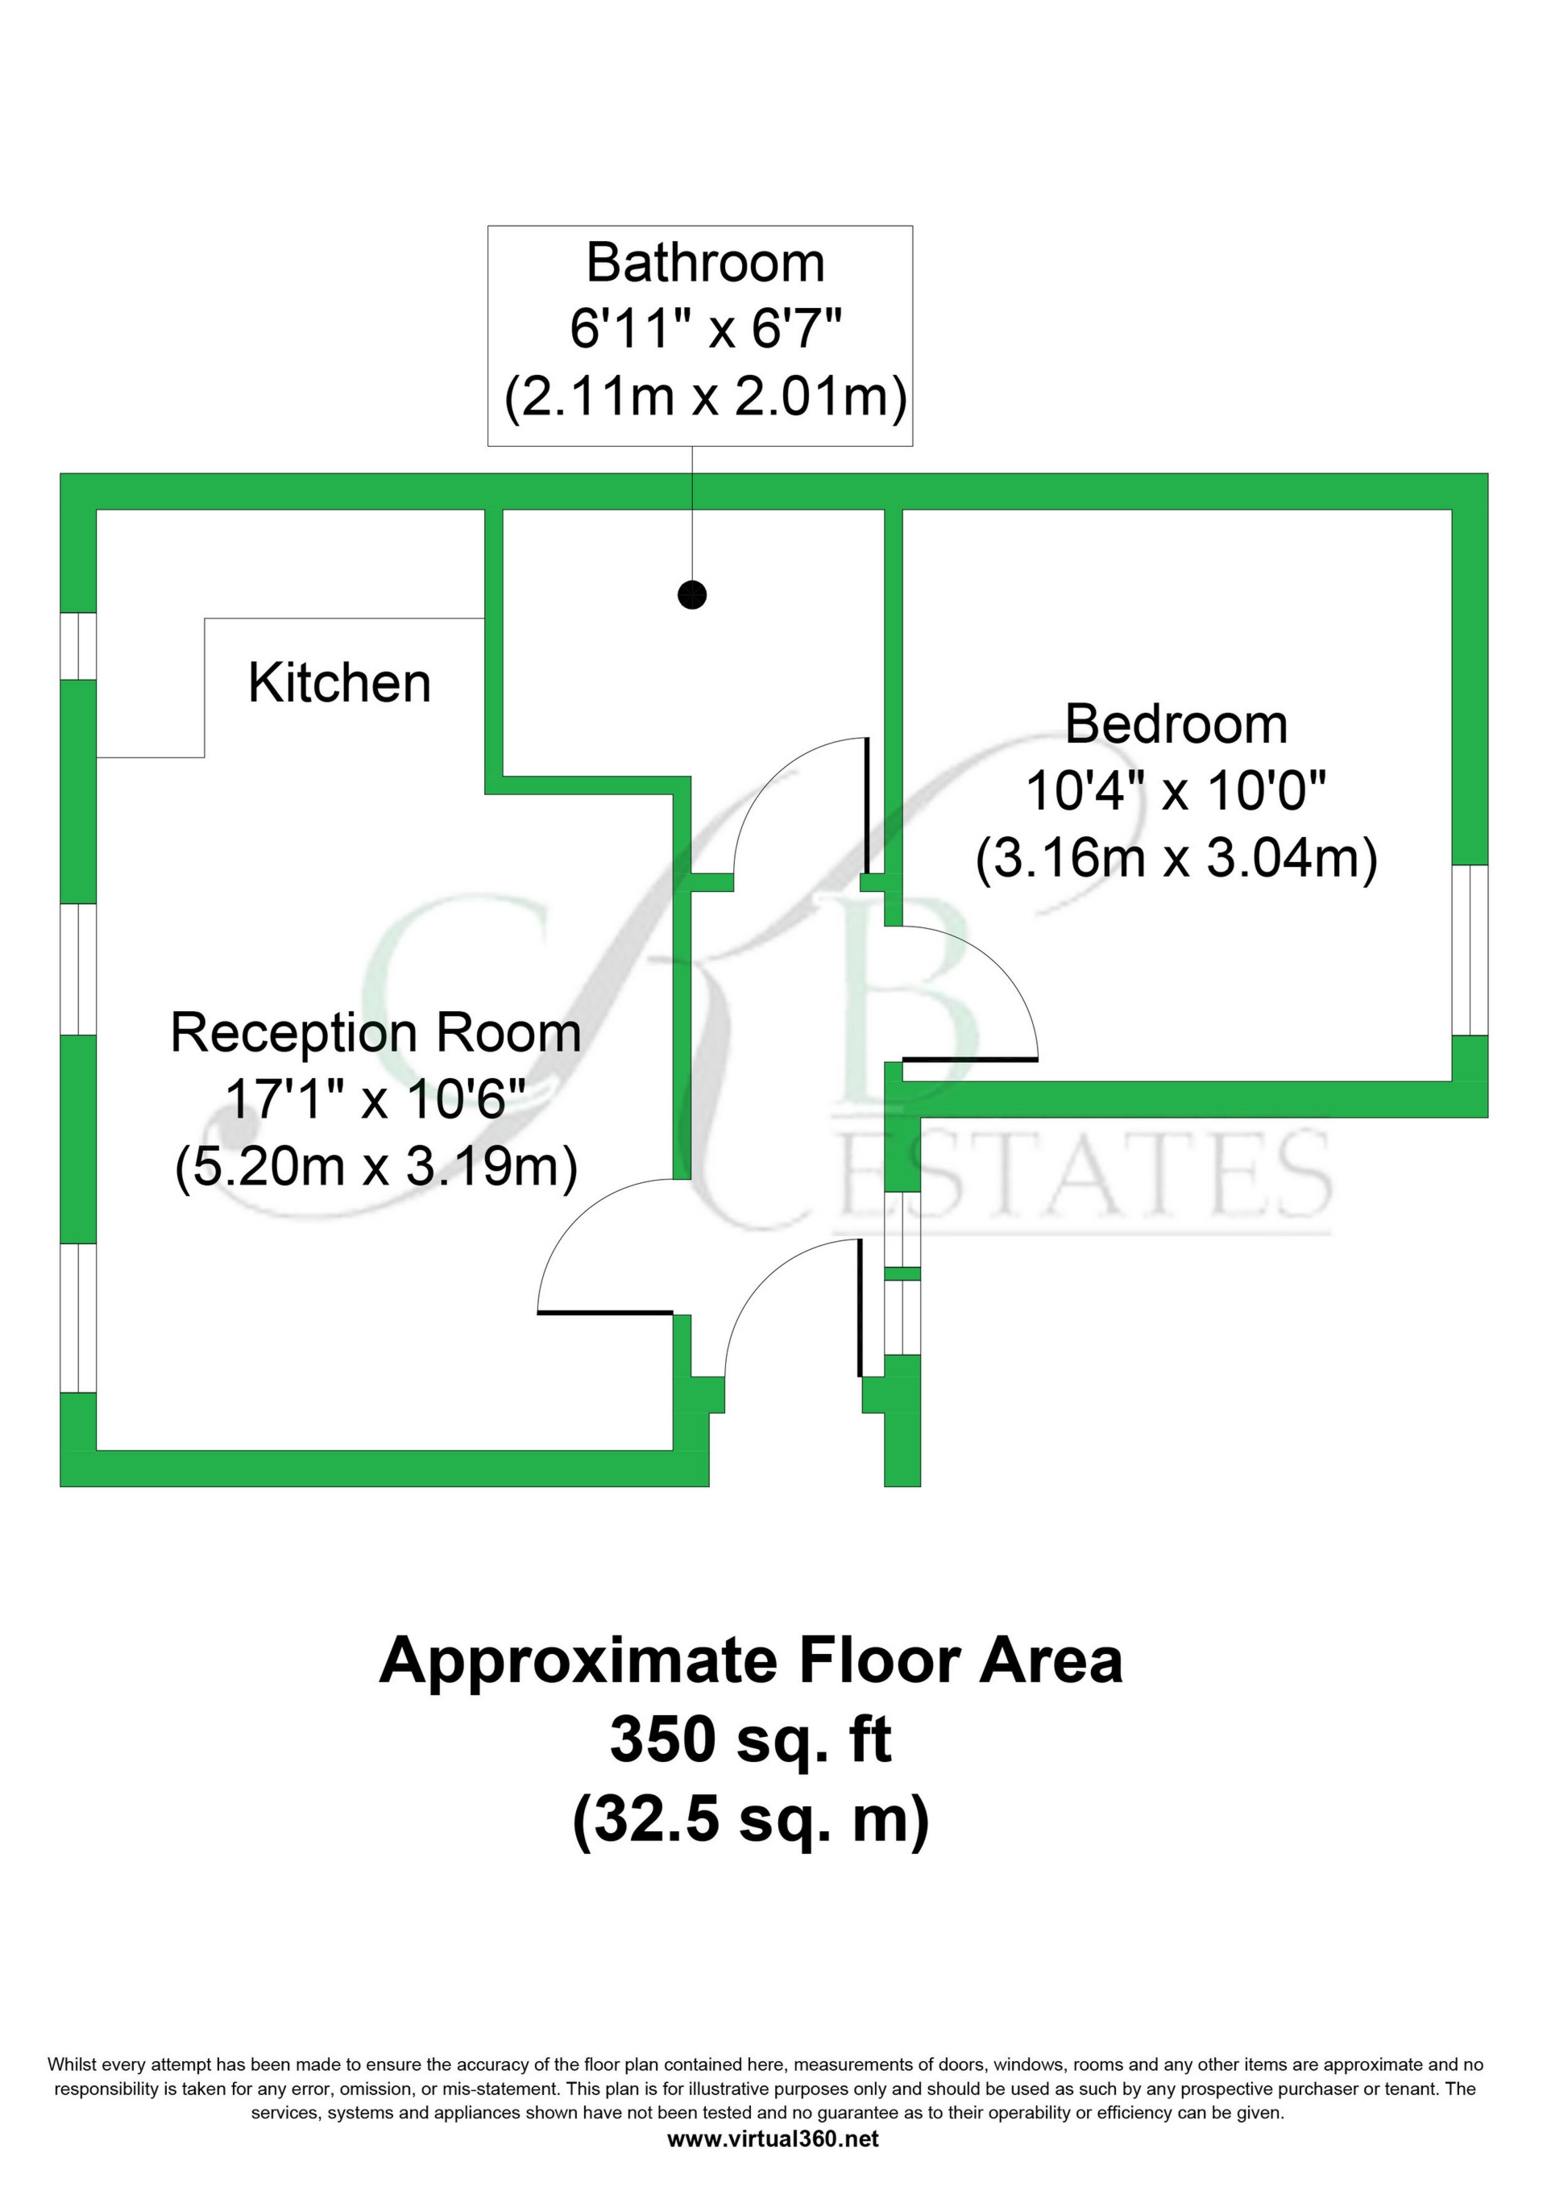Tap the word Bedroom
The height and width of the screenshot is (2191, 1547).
click(1176, 724)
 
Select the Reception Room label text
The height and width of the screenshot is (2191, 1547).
click(375, 1034)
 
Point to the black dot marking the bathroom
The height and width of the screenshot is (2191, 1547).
click(691, 595)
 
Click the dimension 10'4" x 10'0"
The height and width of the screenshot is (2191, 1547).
click(1176, 791)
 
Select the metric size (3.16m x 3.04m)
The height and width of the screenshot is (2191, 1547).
click(1176, 858)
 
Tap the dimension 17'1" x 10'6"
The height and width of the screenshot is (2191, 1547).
click(375, 1100)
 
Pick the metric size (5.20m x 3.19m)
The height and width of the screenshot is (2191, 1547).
click(375, 1167)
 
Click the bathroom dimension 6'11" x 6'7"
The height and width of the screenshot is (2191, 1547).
click(705, 329)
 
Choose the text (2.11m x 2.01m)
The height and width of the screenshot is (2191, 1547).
click(705, 396)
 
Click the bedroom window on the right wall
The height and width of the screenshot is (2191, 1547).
click(1470, 949)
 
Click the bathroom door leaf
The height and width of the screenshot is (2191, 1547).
click(866, 806)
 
